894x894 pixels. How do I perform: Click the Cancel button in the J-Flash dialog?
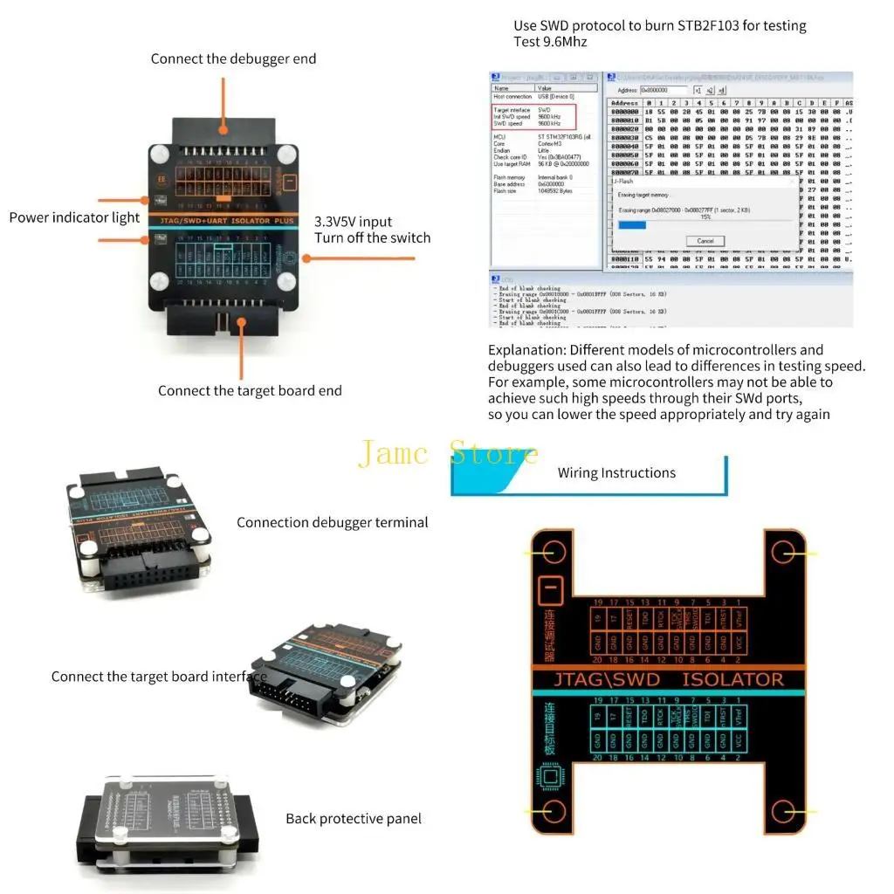[705, 241]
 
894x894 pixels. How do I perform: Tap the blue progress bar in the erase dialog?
[631, 225]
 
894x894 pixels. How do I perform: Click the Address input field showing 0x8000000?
[664, 90]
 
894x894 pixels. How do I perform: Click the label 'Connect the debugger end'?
[233, 58]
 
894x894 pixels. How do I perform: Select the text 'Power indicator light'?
[74, 217]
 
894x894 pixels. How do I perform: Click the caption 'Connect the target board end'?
[250, 390]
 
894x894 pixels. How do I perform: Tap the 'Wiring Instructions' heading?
[616, 473]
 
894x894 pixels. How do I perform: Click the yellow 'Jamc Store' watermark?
[449, 454]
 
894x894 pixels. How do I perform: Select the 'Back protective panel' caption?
[354, 818]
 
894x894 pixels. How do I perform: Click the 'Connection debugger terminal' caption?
[332, 522]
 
